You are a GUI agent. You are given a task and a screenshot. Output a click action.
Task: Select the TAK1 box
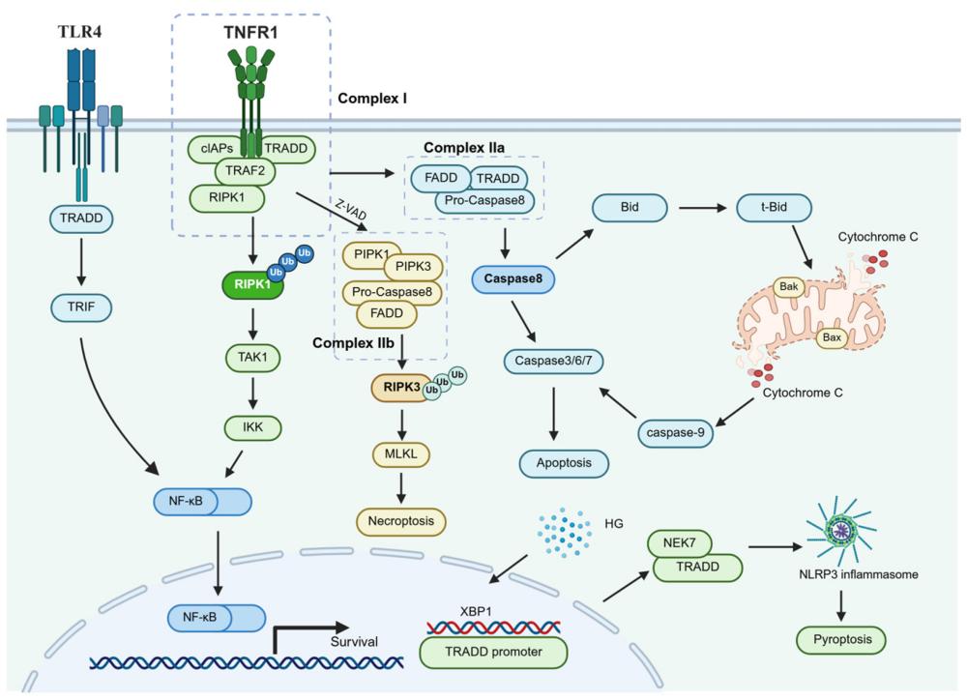click(253, 356)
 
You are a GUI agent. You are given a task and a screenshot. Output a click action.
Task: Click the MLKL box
click(401, 453)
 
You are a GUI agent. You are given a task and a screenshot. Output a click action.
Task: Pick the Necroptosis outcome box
click(401, 521)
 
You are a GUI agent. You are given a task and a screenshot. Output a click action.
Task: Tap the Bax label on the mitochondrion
click(831, 337)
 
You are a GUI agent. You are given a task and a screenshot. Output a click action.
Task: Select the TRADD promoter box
click(494, 652)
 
